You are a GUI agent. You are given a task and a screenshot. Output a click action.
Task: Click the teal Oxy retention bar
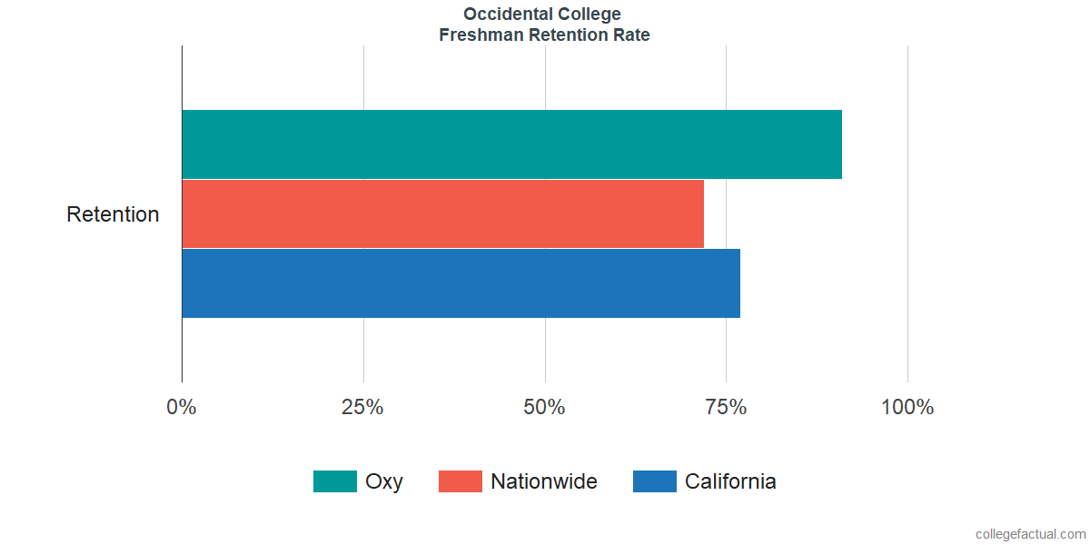pos(511,144)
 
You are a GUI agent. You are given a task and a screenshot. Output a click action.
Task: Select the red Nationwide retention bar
pos(442,213)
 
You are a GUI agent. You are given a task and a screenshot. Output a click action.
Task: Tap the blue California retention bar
pos(461,283)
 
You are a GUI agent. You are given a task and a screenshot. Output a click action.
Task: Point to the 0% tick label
pos(182,407)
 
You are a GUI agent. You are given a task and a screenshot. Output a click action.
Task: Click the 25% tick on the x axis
pos(362,407)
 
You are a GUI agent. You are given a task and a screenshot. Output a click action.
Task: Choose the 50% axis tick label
pos(544,407)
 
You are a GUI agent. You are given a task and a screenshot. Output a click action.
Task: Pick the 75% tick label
pos(726,407)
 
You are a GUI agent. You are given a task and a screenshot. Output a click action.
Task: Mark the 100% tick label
pos(907,407)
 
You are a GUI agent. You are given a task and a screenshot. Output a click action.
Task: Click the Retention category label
pos(113,215)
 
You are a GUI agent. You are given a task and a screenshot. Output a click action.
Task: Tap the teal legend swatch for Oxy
pos(334,481)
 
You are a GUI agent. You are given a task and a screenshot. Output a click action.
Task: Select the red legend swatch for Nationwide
pos(460,481)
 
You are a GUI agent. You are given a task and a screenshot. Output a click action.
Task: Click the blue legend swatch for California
pos(654,481)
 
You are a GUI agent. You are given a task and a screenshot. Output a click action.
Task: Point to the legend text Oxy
pos(383,481)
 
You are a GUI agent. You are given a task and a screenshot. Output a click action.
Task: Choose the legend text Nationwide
pos(544,481)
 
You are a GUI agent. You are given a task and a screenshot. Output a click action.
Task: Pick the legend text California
pos(730,481)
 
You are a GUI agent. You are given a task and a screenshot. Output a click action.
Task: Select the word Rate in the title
pos(632,35)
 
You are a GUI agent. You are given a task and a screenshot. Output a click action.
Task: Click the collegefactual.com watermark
pos(1030,534)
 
